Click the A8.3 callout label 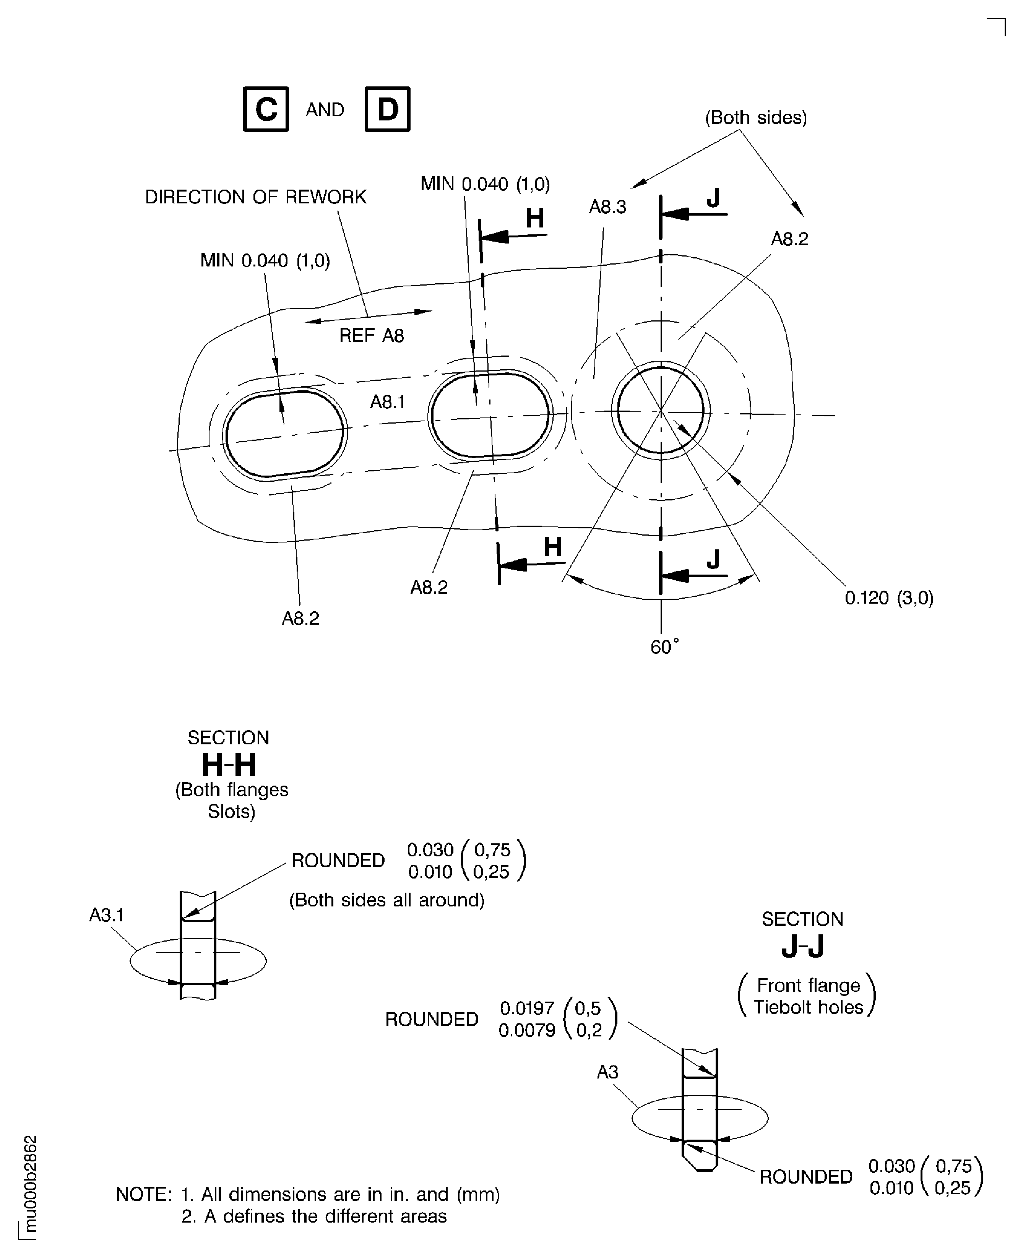(607, 207)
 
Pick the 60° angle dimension (664, 647)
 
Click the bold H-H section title (229, 765)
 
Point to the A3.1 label (107, 914)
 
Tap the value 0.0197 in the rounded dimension (527, 1008)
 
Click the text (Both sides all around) (386, 900)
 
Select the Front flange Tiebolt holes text (807, 996)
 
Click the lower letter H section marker (552, 547)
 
